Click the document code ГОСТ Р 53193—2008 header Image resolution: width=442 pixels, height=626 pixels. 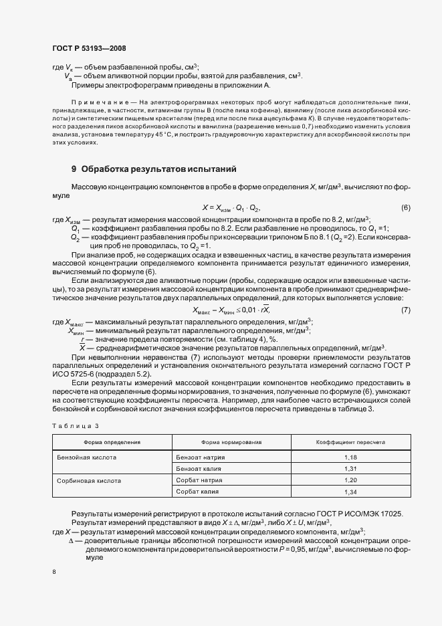pyautogui.click(x=89, y=48)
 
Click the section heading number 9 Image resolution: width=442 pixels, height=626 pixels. pyautogui.click(x=74, y=169)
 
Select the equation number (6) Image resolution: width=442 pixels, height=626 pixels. pyautogui.click(x=405, y=208)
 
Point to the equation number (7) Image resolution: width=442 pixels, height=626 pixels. pyautogui.click(x=405, y=292)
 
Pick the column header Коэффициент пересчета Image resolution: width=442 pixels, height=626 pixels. pyautogui.click(x=350, y=442)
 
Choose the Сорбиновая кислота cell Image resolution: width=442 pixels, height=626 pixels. pyautogui.click(x=88, y=480)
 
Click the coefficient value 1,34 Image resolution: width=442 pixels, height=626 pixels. pyautogui.click(x=350, y=492)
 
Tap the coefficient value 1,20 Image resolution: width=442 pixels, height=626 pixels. pyautogui.click(x=350, y=480)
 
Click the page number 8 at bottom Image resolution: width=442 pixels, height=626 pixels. pyautogui.click(x=54, y=572)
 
